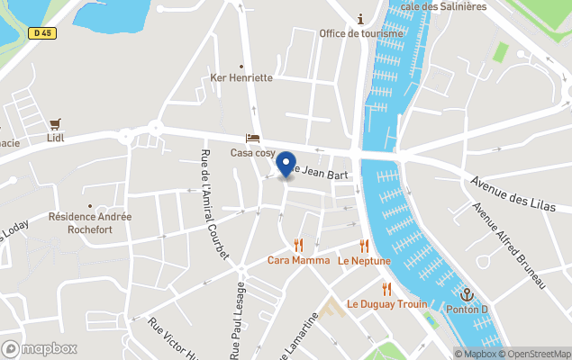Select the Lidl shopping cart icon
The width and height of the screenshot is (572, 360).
57,123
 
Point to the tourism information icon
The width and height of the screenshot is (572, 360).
360,19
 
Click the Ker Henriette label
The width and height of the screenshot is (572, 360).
241,77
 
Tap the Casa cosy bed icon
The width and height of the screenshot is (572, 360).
253,138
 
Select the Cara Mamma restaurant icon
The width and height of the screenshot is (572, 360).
298,245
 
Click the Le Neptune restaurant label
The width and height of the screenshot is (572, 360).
364,261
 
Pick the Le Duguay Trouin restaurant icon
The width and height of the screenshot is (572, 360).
386,289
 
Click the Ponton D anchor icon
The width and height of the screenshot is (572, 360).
467,294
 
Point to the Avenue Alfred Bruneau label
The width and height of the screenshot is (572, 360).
510,246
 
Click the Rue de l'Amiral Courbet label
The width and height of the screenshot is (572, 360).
213,205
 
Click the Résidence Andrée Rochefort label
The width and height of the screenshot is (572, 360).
90,223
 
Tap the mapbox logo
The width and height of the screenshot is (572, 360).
40,348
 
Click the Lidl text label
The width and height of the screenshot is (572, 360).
57,139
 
